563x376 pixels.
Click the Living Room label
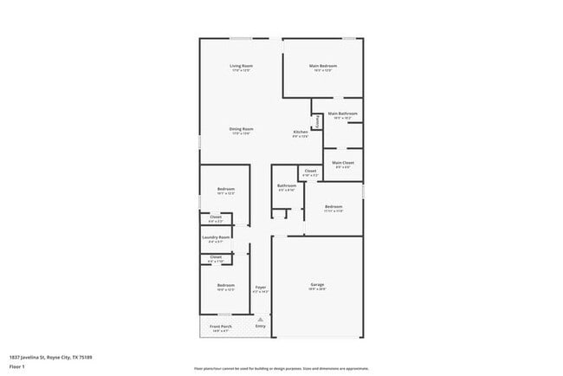point(241,66)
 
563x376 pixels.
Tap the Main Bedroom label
point(322,66)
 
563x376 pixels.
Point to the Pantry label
point(318,123)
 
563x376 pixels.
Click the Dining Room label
point(241,129)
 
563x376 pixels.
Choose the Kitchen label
point(300,132)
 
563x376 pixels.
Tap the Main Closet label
point(343,163)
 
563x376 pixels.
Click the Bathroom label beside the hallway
point(287,185)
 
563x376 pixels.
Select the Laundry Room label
point(216,237)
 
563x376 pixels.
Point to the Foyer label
point(260,287)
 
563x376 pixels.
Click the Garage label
point(317,284)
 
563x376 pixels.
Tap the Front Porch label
point(220,327)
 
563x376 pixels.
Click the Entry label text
point(260,326)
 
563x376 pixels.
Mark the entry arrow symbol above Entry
point(260,318)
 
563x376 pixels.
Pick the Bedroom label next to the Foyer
point(225,285)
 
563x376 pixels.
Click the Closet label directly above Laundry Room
point(216,217)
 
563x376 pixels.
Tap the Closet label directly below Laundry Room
point(216,256)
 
